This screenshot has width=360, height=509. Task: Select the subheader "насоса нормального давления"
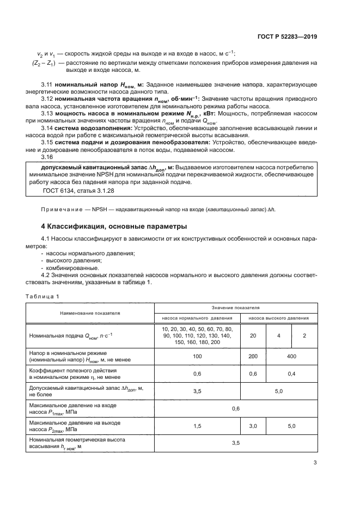click(197, 318)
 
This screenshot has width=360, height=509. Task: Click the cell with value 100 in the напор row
click(197, 356)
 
